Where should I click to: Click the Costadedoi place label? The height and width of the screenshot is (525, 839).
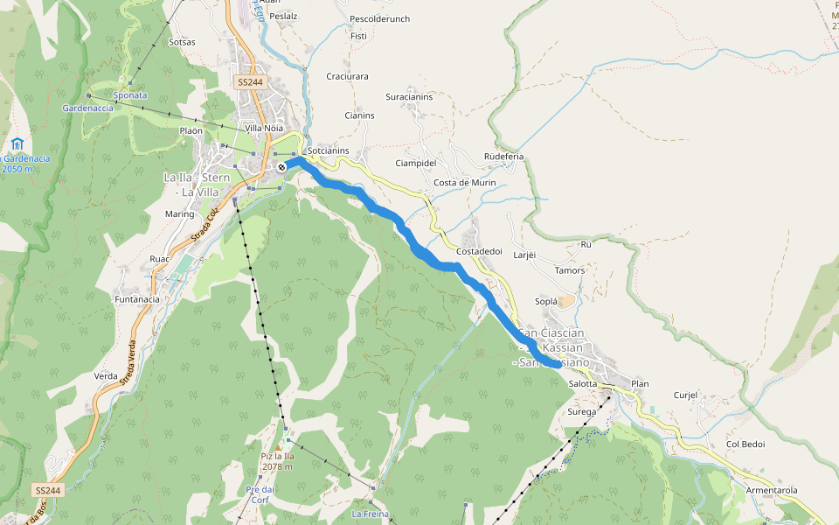479,251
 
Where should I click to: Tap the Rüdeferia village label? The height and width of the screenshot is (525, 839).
503,157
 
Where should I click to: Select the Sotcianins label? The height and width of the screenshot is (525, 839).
328,150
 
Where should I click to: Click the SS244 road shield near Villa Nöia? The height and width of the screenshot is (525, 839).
249,82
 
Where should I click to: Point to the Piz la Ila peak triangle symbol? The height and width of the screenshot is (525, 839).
278,447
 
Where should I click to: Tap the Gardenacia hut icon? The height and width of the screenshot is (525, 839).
17,143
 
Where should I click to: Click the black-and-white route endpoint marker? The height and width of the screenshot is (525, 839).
281,166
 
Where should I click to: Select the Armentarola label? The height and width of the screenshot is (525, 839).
772,490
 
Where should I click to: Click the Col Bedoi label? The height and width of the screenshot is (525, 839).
745,444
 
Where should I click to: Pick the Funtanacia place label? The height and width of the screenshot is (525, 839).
137,299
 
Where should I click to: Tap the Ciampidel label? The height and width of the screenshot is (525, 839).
415,163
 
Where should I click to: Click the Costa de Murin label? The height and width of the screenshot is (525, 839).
464,183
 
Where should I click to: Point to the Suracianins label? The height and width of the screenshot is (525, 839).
409,96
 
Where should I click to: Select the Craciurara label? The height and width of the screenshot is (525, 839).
347,76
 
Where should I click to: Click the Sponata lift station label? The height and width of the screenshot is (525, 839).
130,94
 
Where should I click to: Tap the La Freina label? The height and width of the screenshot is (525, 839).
370,514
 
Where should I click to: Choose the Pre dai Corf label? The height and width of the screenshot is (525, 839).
260,494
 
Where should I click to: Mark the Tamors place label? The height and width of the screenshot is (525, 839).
570,270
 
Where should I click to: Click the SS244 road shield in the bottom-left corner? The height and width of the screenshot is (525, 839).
50,491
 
